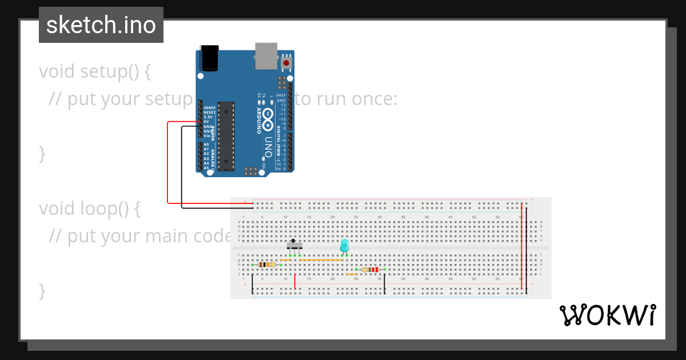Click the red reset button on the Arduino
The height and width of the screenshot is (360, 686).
(x=286, y=62)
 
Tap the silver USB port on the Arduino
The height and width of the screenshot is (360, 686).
(x=266, y=55)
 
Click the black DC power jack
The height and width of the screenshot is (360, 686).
(x=210, y=58)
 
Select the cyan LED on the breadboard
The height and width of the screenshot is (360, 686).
(x=344, y=246)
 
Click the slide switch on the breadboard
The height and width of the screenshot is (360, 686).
(x=294, y=245)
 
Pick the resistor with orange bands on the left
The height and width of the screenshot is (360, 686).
(x=266, y=265)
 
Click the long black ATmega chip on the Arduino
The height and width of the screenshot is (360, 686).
(x=226, y=136)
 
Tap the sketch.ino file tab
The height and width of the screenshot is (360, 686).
(x=101, y=25)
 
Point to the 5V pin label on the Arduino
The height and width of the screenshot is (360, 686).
(x=206, y=122)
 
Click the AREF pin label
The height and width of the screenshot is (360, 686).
(x=281, y=95)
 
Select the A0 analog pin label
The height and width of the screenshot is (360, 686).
(x=206, y=145)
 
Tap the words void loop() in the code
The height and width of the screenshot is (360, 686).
(x=89, y=209)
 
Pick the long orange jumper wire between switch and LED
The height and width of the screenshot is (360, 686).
(x=321, y=259)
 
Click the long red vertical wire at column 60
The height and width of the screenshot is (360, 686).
(x=521, y=246)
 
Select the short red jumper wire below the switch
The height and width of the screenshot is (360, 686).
(x=294, y=282)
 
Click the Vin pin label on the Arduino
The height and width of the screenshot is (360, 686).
(x=206, y=135)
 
